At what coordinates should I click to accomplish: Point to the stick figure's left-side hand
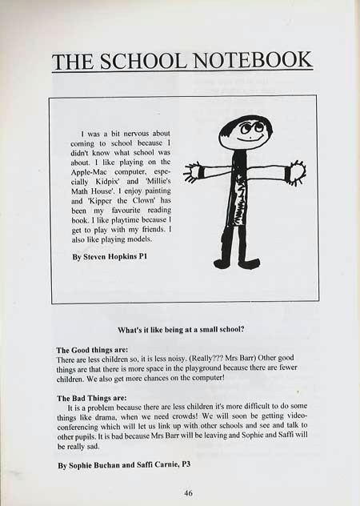(192, 171)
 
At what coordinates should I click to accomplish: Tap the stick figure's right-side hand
(297, 172)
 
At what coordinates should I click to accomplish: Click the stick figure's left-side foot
(222, 263)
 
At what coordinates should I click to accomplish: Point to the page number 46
(189, 493)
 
